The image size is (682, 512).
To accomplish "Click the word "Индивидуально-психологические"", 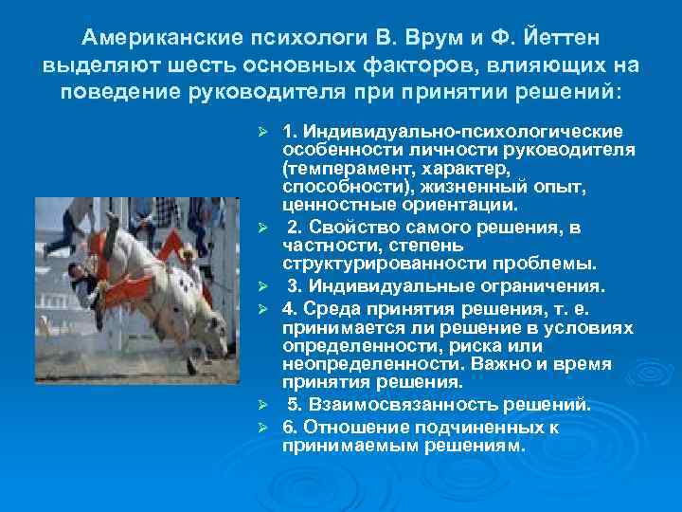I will pos(461,131).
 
